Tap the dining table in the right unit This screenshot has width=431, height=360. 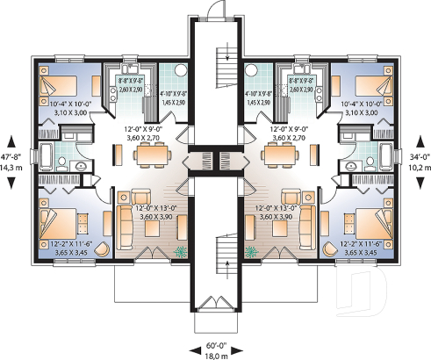coord(283,155)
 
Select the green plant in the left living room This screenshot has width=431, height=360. coord(180,251)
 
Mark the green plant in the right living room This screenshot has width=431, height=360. coord(251,251)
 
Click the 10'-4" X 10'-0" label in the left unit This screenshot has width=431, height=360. coord(68,107)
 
